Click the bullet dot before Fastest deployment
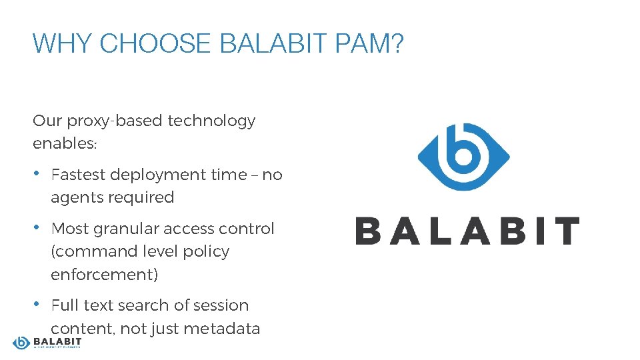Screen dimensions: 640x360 coord(37,173)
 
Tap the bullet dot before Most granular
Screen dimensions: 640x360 coord(37,227)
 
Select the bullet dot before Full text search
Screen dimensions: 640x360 coord(37,304)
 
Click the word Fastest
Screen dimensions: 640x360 coord(78,175)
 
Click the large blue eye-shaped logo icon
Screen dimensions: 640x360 coord(463,157)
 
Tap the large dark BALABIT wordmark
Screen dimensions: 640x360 coord(467,231)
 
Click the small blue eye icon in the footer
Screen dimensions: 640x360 coord(21,343)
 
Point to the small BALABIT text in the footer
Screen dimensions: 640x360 coord(57,341)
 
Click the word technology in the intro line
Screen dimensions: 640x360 coord(211,121)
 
